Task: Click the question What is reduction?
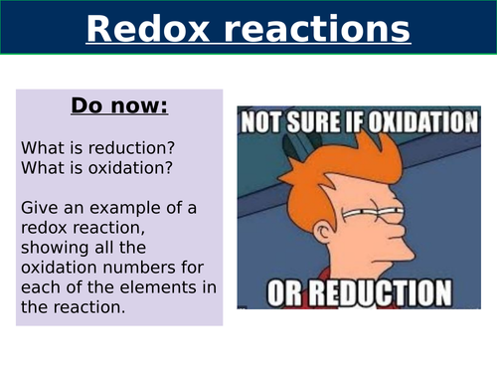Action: pos(84,146)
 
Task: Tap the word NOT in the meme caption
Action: pos(266,122)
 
